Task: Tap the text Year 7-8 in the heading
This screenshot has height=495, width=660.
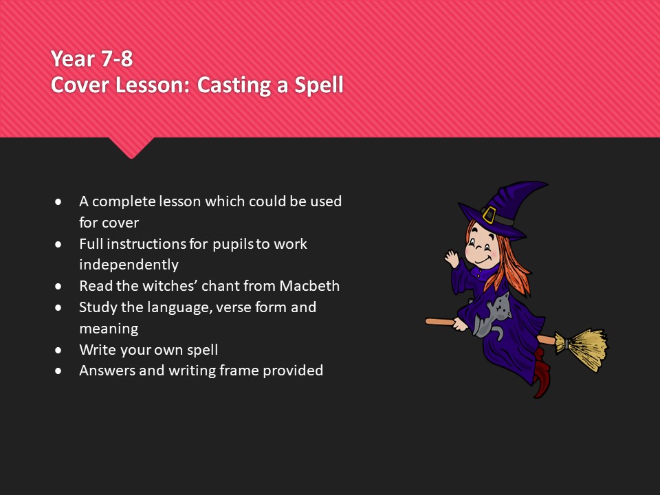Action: point(92,59)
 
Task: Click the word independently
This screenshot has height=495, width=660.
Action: point(129,265)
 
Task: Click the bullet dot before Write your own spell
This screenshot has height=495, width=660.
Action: point(59,350)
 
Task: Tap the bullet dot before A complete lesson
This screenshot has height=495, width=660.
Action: point(59,202)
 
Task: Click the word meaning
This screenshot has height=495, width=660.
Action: point(109,329)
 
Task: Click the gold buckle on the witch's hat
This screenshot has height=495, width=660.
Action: point(490,215)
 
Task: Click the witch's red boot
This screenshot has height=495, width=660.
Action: point(542,375)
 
